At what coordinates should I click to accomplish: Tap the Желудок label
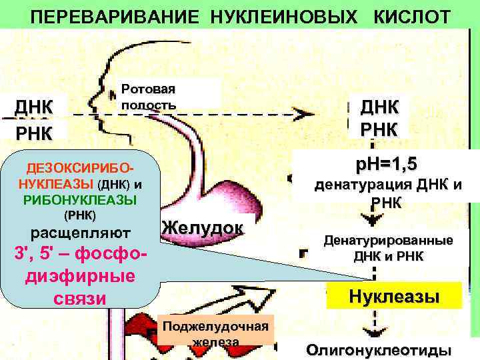(202, 227)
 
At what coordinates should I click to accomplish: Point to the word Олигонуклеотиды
(379, 349)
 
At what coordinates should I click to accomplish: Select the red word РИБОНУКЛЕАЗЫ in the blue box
(79, 199)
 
